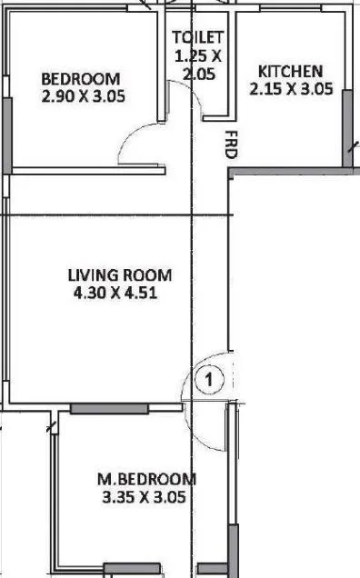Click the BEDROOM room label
(80, 78)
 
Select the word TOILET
(198, 37)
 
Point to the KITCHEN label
(290, 72)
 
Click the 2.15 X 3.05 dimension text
(291, 89)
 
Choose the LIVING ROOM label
(119, 275)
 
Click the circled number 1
(208, 379)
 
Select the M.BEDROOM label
(146, 479)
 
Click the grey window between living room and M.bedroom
(109, 408)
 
